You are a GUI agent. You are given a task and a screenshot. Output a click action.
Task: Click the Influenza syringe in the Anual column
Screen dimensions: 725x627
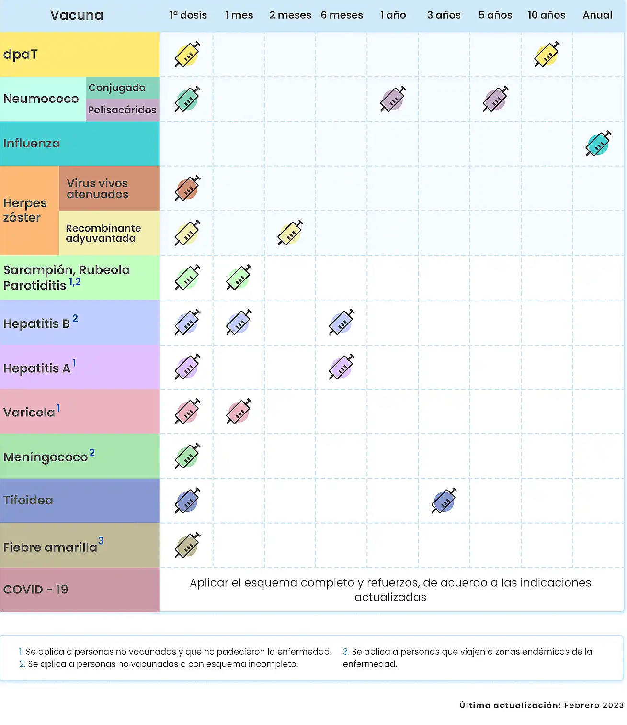click(598, 144)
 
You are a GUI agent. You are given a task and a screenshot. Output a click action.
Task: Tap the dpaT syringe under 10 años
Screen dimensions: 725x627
click(547, 55)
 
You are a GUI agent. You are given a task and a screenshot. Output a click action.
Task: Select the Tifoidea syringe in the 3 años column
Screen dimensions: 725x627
click(444, 501)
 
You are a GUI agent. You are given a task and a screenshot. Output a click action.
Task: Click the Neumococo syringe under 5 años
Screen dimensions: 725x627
click(495, 99)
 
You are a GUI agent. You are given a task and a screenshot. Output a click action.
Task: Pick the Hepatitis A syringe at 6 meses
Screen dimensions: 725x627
click(342, 367)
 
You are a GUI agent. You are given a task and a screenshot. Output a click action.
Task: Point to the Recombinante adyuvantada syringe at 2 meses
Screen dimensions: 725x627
click(290, 233)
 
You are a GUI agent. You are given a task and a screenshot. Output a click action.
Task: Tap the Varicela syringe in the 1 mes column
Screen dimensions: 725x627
click(239, 412)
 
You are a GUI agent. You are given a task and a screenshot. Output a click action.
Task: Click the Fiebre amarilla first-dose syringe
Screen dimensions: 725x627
click(187, 545)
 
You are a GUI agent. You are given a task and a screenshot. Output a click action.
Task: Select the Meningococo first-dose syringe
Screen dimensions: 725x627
click(187, 456)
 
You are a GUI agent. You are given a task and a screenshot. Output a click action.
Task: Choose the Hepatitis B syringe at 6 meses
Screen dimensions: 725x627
click(342, 322)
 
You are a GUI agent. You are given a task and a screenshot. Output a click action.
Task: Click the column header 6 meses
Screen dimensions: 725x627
click(342, 15)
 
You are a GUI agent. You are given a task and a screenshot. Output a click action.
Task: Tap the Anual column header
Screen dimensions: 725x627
click(597, 15)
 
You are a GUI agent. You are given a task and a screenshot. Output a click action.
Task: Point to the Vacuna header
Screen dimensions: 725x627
click(77, 15)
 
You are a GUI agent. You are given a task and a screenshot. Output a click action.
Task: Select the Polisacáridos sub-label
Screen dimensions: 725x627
click(122, 110)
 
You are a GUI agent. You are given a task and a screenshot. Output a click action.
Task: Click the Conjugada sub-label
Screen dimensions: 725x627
click(117, 88)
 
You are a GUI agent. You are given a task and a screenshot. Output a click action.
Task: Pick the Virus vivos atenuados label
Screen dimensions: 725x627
click(97, 189)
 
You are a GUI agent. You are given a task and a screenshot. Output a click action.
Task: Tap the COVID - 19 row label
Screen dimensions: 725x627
click(35, 590)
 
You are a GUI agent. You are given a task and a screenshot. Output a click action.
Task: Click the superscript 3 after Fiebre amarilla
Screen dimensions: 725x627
click(101, 541)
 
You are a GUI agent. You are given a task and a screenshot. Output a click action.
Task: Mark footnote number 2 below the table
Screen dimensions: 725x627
click(22, 664)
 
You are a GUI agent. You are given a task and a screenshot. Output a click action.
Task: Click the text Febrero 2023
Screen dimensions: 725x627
click(594, 705)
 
